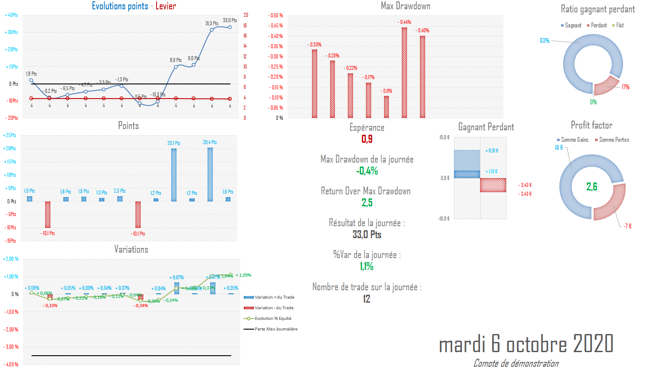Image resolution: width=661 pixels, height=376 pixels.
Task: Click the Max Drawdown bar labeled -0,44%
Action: (404, 72)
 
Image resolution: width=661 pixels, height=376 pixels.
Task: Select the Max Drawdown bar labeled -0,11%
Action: (386, 107)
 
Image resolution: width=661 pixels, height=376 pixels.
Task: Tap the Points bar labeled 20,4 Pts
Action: (210, 175)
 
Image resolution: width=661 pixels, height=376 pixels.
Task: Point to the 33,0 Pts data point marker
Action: (230, 27)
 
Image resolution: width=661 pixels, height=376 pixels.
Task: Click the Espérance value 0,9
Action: (367, 139)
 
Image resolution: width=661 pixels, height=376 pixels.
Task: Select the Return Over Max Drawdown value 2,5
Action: (367, 203)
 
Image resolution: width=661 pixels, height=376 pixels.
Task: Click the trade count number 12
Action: (366, 299)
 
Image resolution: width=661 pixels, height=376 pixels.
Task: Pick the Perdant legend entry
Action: (599, 26)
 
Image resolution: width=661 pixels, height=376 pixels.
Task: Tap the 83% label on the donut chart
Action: (544, 41)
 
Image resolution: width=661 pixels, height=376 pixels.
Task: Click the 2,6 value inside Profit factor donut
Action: (592, 187)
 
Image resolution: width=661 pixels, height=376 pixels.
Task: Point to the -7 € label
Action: (627, 226)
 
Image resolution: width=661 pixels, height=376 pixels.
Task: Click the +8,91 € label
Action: (492, 151)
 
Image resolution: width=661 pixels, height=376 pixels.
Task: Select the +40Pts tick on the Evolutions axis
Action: (12, 15)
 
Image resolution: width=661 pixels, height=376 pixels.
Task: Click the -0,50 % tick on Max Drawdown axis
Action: (276, 15)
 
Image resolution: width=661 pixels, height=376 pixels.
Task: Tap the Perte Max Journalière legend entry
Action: (276, 329)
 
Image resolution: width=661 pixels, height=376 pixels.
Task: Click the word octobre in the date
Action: (536, 345)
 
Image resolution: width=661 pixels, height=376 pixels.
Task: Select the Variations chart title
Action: (131, 250)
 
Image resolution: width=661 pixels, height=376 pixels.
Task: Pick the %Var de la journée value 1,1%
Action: (366, 266)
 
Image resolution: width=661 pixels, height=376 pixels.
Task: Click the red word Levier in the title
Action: (165, 6)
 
